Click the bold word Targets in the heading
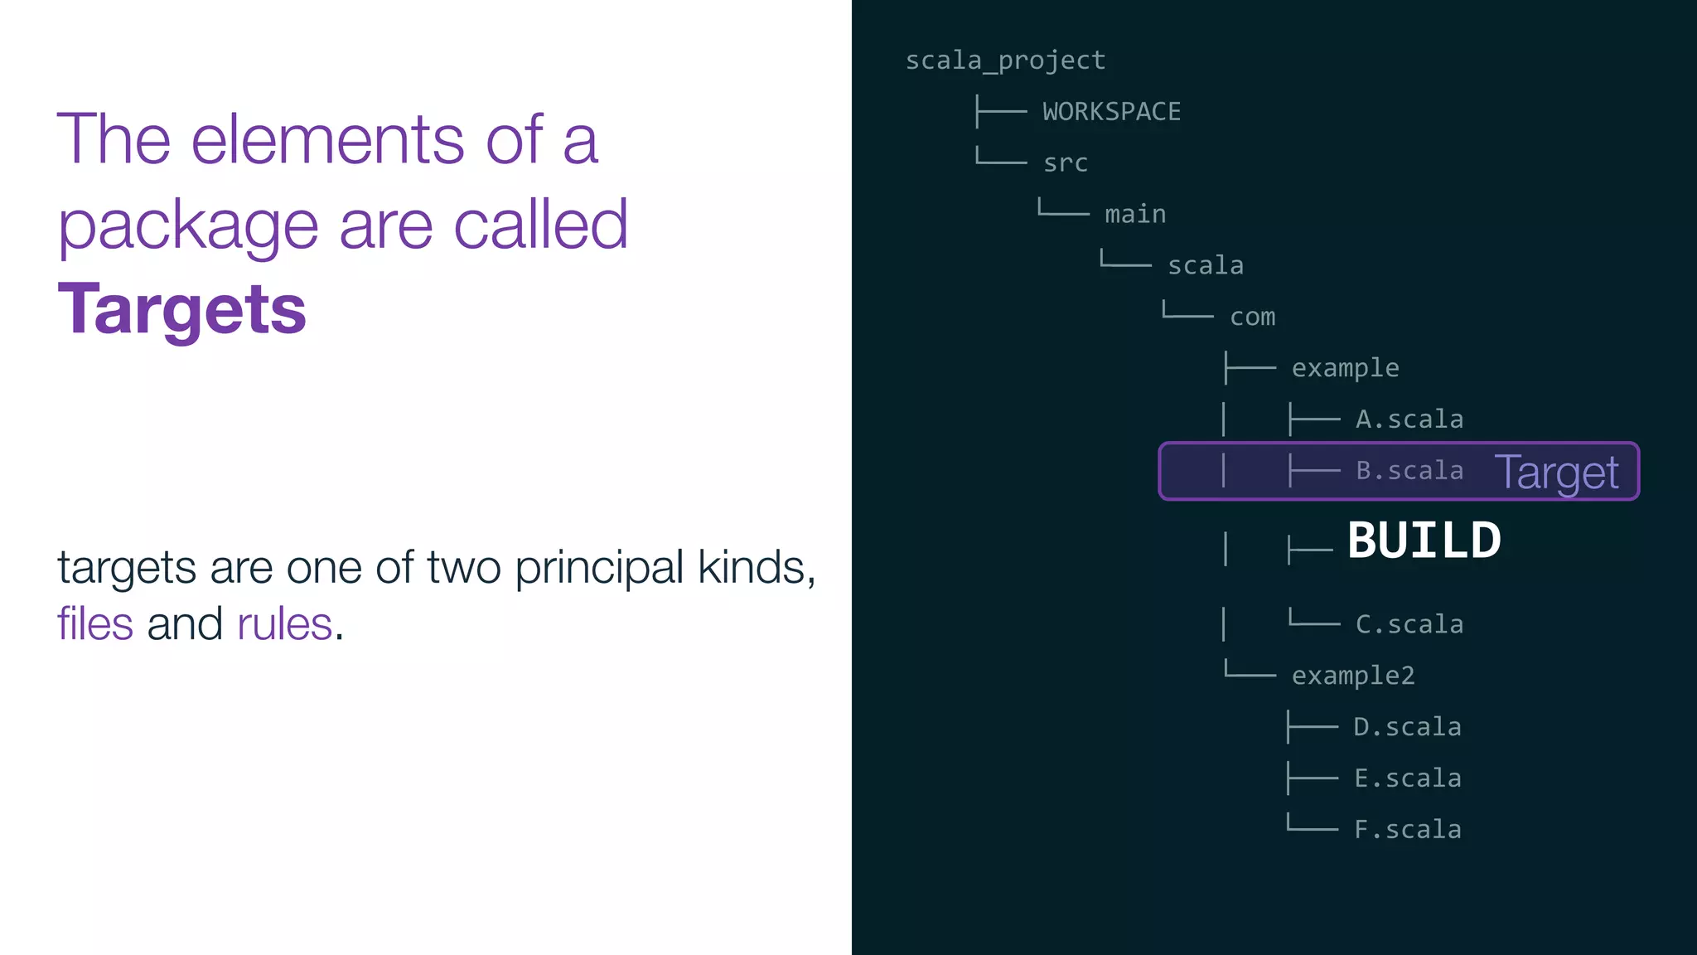point(181,309)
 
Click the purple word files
point(94,624)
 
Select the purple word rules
point(284,624)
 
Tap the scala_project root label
point(1005,61)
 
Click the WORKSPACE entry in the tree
point(1111,112)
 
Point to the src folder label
point(1065,163)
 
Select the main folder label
point(1134,215)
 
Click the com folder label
point(1252,318)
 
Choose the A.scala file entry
point(1409,419)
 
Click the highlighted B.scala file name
point(1409,471)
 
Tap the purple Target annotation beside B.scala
point(1556,473)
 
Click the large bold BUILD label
point(1424,541)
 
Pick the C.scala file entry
point(1409,624)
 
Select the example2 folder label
point(1352,676)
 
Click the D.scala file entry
point(1407,727)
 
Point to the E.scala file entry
point(1407,778)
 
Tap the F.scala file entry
point(1407,830)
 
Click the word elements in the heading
point(327,139)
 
